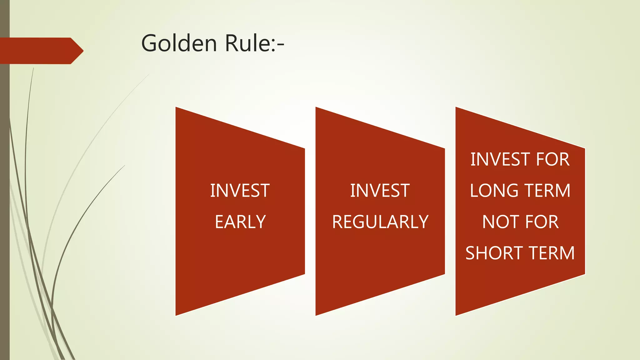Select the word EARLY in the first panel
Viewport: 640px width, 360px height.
click(240, 222)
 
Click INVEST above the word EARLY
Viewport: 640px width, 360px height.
click(240, 191)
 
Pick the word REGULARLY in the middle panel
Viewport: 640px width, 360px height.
click(380, 222)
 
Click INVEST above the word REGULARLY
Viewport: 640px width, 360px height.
click(380, 191)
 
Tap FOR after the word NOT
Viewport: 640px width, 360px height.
click(542, 222)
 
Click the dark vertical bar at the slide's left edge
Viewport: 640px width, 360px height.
click(5, 187)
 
